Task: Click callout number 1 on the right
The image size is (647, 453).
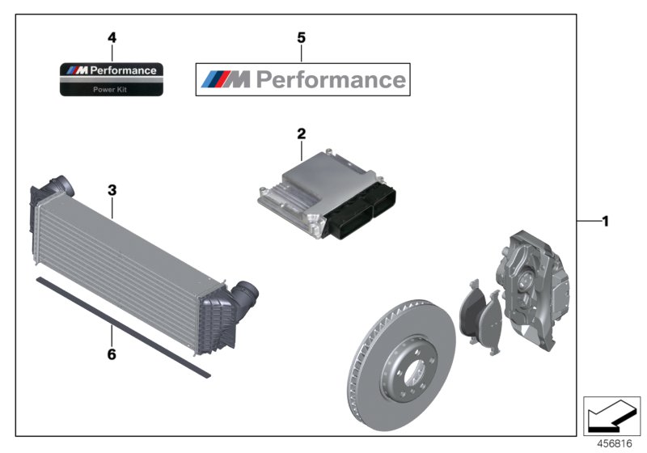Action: pos(604,221)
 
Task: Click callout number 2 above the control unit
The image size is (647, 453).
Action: pos(302,133)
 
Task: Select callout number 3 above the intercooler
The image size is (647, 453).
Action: pos(112,191)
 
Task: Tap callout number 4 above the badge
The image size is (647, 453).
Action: pos(112,37)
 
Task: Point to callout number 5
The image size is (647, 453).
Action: pos(302,37)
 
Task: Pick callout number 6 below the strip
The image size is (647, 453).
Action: pos(112,354)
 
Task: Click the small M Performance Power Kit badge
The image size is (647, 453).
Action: pos(112,79)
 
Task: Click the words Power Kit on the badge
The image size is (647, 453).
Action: pos(112,89)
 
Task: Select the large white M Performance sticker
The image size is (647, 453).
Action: pos(303,79)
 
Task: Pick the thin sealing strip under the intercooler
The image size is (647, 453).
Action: pos(121,328)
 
